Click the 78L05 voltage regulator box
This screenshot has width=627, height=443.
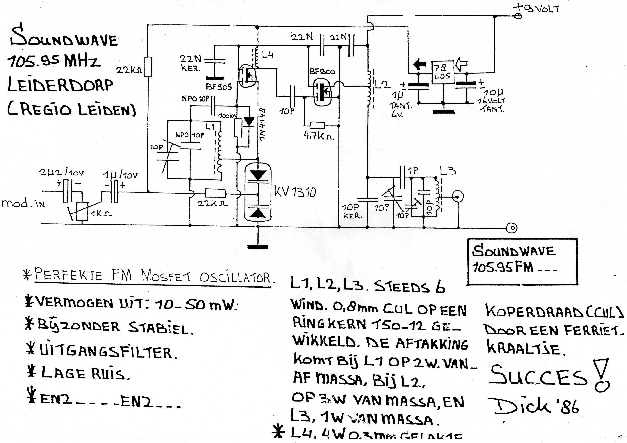coord(442,72)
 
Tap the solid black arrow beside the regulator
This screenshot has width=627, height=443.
coord(420,64)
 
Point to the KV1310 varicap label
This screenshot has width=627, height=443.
coord(295,192)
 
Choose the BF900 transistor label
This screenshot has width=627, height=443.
coord(322,72)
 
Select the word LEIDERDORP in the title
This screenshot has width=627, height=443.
coord(60,85)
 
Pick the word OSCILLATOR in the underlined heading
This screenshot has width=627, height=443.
coord(235,278)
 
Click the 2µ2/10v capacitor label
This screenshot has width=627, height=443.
coord(61,173)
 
